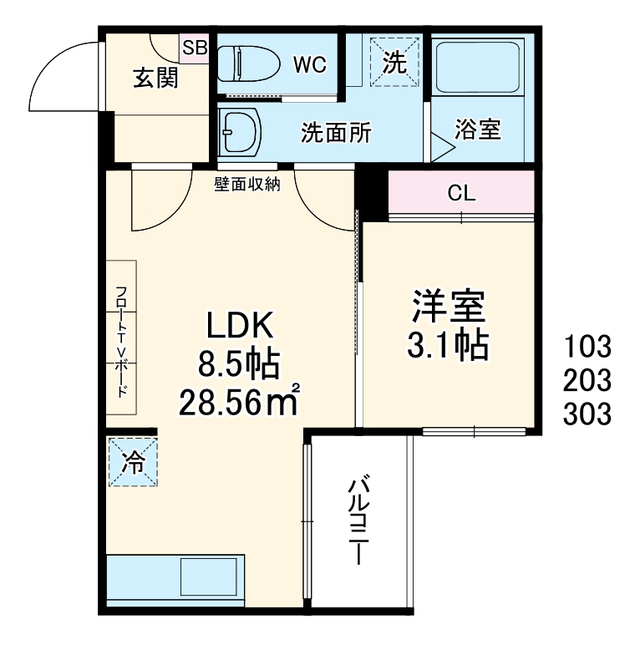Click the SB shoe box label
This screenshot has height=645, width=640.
[195, 47]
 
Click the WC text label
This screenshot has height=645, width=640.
[309, 63]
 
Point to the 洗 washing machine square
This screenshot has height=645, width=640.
[394, 62]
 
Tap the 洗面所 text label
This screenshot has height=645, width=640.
[336, 132]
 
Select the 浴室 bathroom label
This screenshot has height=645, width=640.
[478, 130]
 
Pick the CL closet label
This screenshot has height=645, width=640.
[461, 194]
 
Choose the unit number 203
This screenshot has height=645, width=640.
[587, 379]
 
